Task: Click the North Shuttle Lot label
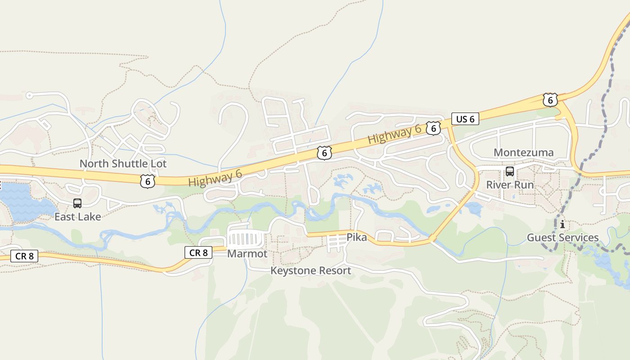click(x=123, y=164)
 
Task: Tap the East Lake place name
click(x=77, y=217)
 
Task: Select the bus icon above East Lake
click(x=77, y=203)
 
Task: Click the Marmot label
click(x=247, y=254)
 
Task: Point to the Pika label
click(x=356, y=237)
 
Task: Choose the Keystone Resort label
click(x=310, y=271)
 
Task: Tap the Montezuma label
click(x=523, y=153)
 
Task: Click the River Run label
click(x=510, y=185)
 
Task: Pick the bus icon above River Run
click(x=509, y=171)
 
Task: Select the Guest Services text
click(x=562, y=238)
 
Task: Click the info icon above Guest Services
click(x=562, y=224)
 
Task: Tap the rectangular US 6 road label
click(x=465, y=119)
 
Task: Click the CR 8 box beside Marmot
click(x=198, y=253)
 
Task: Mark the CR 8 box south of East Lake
click(x=24, y=256)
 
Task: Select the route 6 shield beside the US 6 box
click(x=433, y=128)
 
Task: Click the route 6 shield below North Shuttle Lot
click(x=147, y=181)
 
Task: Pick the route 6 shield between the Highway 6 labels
click(x=324, y=153)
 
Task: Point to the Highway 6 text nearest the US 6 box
click(x=395, y=134)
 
